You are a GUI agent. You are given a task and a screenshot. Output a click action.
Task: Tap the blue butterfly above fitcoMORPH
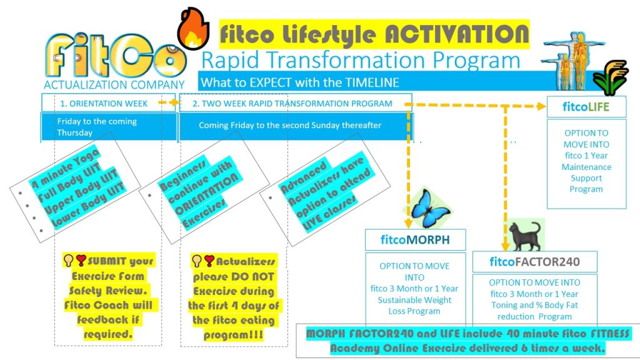click(430, 207)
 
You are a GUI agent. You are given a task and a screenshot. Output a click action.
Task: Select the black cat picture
click(525, 236)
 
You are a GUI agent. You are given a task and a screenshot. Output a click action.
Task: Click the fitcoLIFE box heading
click(586, 107)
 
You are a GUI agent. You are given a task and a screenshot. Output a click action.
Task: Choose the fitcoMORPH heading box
click(415, 239)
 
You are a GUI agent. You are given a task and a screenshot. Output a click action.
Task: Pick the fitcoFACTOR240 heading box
click(535, 262)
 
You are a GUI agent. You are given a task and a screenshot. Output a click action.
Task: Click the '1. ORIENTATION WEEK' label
click(104, 104)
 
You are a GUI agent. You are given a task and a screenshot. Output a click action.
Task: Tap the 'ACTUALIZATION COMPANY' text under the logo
click(114, 85)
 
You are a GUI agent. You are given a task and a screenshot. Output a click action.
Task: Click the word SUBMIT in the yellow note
click(107, 261)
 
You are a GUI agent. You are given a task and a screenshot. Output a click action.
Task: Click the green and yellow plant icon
click(610, 77)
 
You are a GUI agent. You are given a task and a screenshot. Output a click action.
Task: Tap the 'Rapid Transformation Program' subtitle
click(361, 61)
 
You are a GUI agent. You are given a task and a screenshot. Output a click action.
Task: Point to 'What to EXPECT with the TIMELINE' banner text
click(299, 83)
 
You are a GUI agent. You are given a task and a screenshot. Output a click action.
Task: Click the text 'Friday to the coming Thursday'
click(97, 127)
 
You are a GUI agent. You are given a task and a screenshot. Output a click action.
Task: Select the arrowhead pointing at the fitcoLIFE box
click(542, 106)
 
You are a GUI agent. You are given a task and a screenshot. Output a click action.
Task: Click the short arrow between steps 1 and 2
click(169, 102)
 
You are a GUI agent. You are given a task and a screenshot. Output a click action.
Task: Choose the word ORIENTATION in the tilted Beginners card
click(206, 194)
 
